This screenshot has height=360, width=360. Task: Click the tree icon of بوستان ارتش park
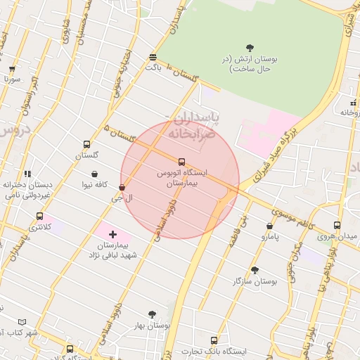coord(251,48)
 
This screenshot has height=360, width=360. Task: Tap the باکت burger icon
coord(153,57)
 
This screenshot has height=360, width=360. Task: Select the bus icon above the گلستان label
coord(86,143)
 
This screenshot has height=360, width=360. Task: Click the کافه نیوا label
coord(94,184)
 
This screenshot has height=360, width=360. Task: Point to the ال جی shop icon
coord(122,188)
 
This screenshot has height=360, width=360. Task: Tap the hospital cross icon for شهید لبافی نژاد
coord(112,233)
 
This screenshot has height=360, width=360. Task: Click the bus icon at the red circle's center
coord(182,161)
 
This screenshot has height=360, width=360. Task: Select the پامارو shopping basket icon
coord(270,226)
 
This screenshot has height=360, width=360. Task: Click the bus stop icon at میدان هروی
coord(337,225)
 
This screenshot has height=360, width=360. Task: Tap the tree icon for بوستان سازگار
coord(255,270)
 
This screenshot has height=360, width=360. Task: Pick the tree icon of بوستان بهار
coord(152,314)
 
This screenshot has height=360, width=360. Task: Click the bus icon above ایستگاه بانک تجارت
coord(205,340)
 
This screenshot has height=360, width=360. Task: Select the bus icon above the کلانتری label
coord(39,216)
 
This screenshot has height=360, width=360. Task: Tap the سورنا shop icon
coord(12,69)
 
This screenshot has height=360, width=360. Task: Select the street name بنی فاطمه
coord(237,231)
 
